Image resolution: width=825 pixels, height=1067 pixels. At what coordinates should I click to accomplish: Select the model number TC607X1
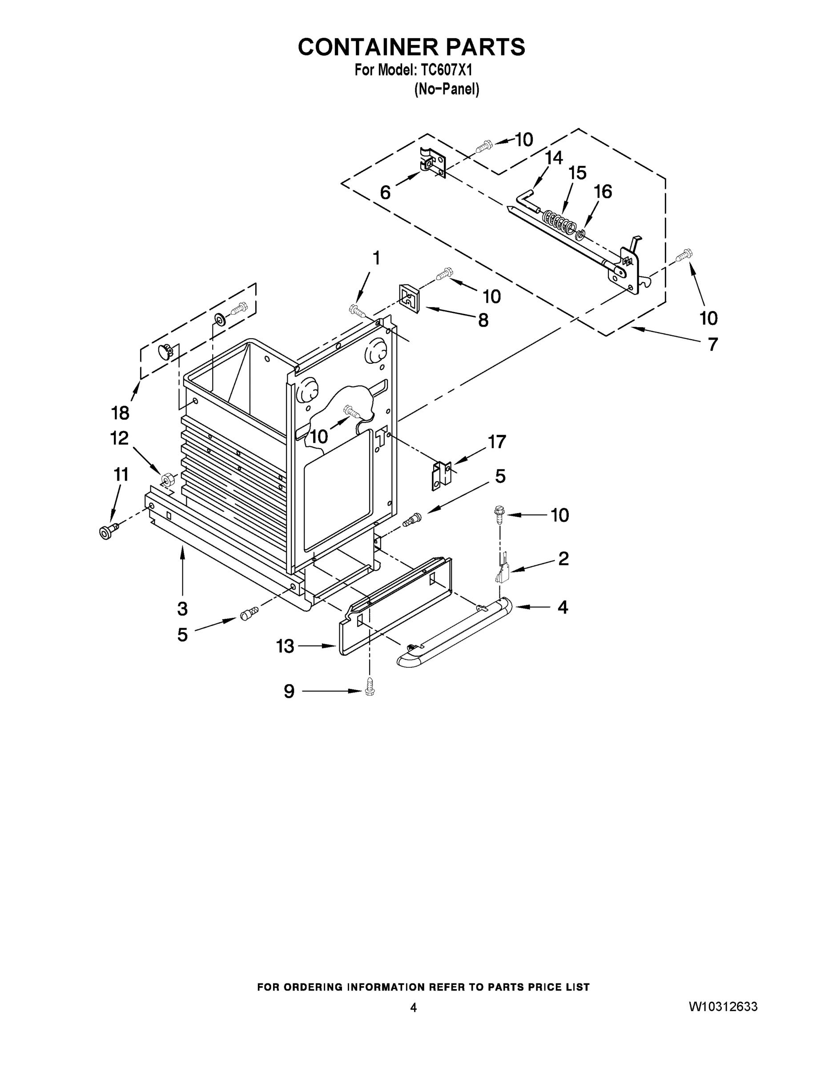point(444,71)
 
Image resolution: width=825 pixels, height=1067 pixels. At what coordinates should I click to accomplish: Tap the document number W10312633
point(723,1007)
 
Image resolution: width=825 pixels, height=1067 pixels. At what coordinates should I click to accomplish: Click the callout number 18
point(120,413)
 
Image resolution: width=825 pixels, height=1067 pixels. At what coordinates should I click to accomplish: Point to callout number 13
point(285,646)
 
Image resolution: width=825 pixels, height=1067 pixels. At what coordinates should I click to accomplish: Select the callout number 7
point(713,345)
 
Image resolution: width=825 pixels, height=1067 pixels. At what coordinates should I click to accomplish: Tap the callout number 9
point(290,691)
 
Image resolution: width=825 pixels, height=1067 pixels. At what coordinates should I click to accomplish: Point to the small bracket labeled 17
point(442,476)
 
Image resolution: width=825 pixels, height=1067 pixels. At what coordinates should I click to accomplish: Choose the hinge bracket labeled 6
point(431,163)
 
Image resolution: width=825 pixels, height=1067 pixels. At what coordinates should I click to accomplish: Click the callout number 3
point(182,609)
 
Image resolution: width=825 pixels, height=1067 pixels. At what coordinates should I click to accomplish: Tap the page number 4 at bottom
point(414,1007)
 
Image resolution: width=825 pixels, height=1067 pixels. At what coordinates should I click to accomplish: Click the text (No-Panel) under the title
point(447,89)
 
